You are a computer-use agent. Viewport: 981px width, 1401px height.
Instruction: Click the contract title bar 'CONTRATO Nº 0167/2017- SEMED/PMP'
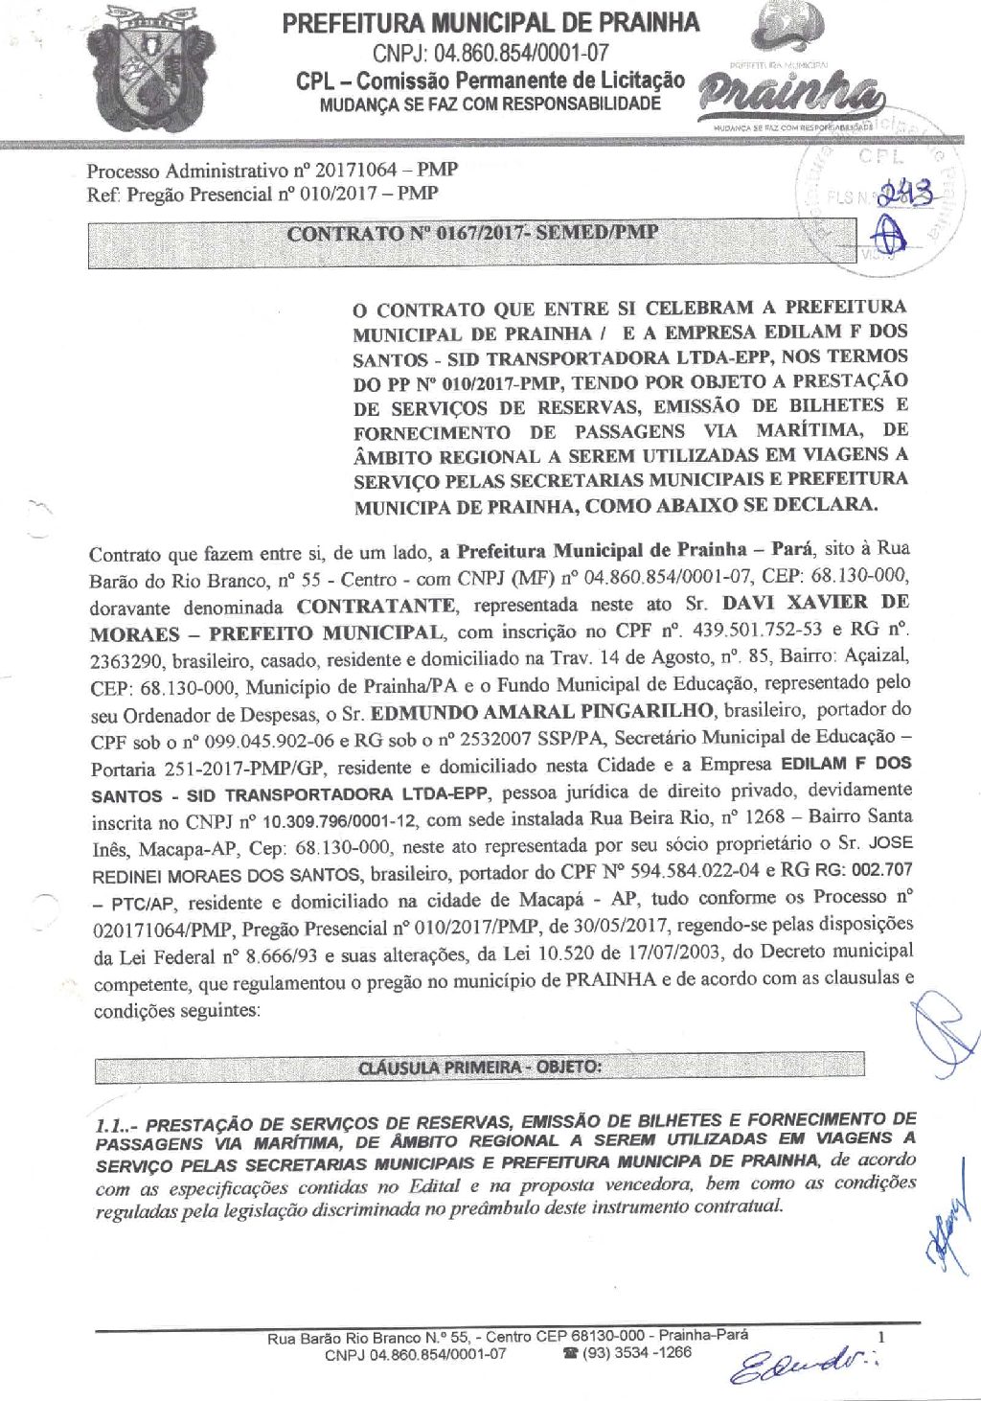[472, 233]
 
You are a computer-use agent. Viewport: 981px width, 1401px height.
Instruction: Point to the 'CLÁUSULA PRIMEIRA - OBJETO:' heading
[479, 1067]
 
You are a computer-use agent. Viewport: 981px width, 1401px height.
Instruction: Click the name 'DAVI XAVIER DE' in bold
[814, 603]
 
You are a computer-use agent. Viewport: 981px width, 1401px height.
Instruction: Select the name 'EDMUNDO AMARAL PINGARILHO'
[542, 712]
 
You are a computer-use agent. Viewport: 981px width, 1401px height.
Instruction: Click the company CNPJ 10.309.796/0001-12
[339, 821]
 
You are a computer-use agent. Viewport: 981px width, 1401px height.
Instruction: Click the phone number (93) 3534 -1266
[635, 1353]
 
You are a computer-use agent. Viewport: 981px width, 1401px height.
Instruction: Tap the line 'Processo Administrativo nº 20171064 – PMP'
[272, 171]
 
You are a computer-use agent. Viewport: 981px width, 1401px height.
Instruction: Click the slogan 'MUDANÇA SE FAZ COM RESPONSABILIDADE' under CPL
[490, 104]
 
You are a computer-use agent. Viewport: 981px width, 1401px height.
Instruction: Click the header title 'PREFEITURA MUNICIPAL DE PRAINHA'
[490, 24]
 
